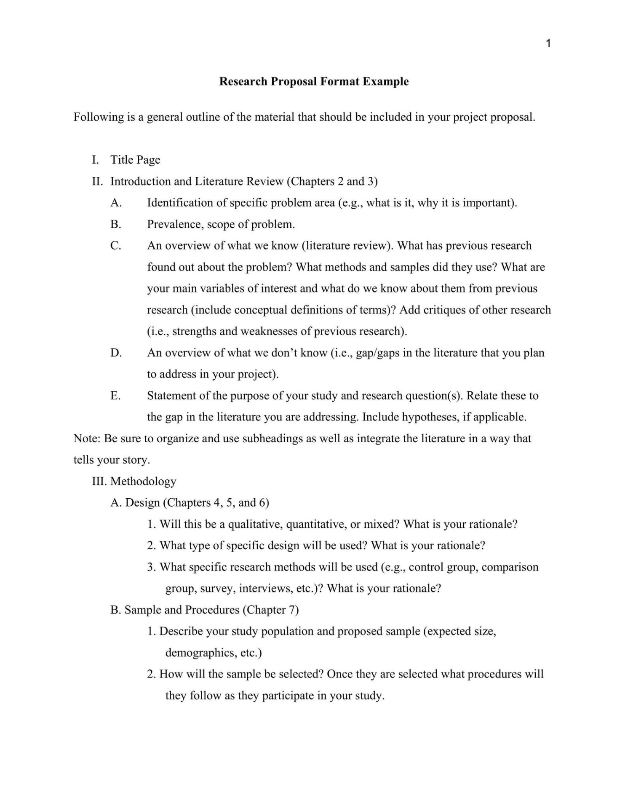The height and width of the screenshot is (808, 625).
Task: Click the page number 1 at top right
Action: tap(548, 43)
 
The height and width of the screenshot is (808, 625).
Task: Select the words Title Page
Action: tap(135, 160)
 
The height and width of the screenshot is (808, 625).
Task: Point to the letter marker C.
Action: tap(116, 246)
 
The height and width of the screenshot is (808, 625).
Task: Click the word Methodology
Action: tap(143, 481)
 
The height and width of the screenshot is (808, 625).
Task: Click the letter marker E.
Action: tap(115, 396)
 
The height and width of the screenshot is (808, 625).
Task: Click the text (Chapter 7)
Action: tap(270, 610)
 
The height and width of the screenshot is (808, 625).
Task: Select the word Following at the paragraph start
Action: tap(99, 117)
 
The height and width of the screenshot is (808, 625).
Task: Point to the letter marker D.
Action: tap(116, 353)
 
